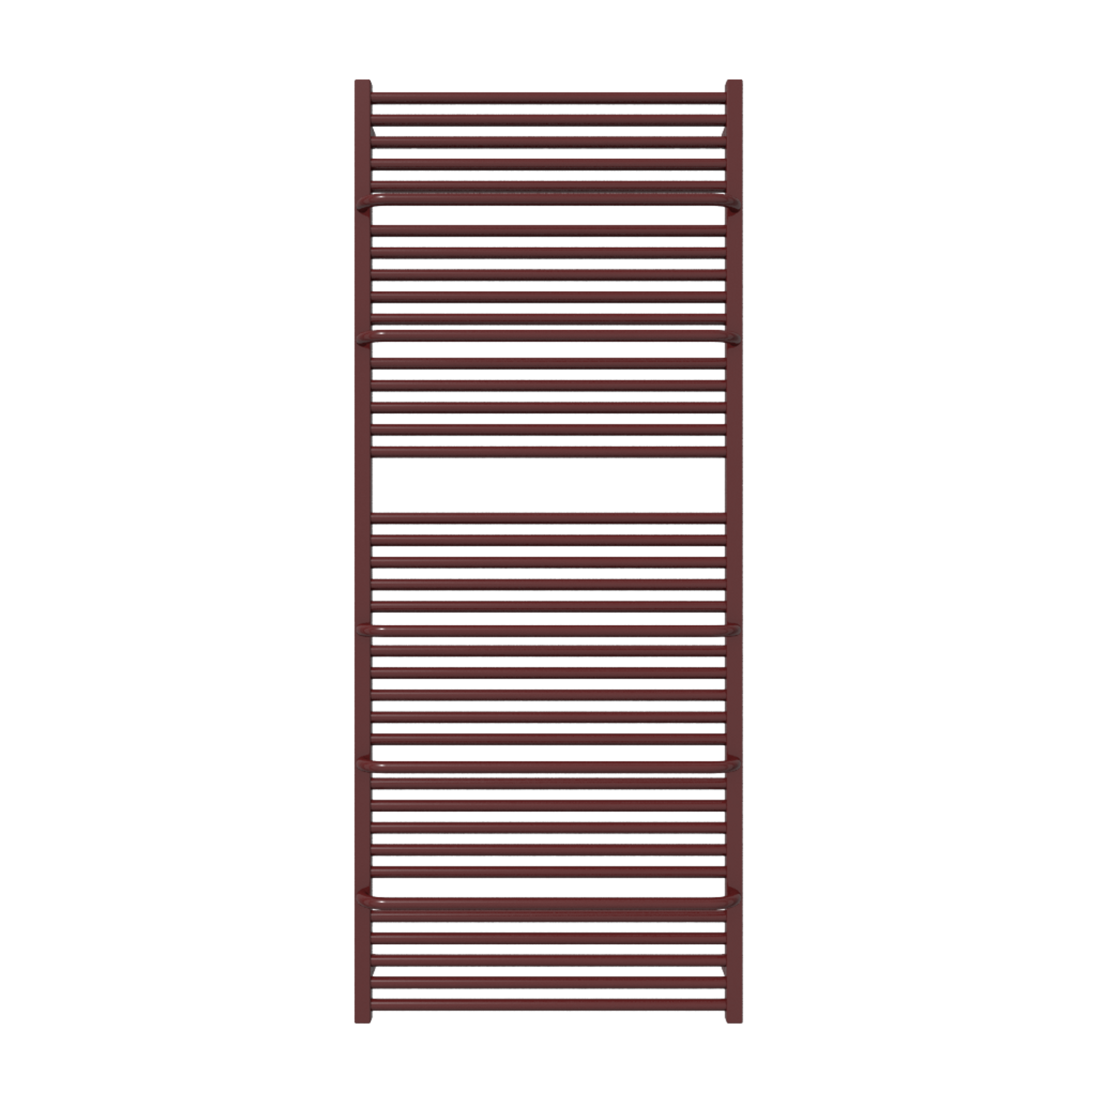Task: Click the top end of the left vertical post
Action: (x=362, y=82)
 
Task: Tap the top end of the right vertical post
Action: (x=734, y=82)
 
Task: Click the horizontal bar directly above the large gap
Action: (x=548, y=451)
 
